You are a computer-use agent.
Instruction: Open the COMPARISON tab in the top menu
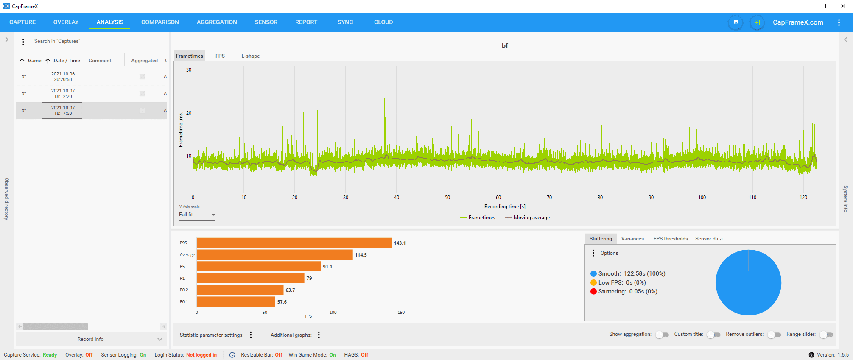160,22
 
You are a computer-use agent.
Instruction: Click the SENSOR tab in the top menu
266,22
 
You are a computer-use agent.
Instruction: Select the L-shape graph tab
250,56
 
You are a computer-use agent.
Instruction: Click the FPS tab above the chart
220,56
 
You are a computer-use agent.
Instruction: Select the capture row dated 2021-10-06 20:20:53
63,77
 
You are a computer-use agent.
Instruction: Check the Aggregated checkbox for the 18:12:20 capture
143,94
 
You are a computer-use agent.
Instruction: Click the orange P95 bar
294,243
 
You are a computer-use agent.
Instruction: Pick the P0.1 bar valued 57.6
236,302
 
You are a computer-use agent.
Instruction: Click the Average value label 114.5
361,255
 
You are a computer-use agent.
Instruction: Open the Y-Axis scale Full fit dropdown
197,215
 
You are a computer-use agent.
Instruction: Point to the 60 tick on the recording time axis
498,198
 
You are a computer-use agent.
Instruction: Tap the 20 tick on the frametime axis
189,113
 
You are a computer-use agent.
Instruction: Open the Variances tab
632,239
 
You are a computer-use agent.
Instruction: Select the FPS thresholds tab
670,239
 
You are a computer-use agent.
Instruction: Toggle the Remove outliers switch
774,335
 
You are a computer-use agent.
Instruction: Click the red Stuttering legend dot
593,292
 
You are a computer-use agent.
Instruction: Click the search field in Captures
100,41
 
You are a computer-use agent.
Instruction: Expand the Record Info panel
91,339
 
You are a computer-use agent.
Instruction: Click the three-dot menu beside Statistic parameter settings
251,335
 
